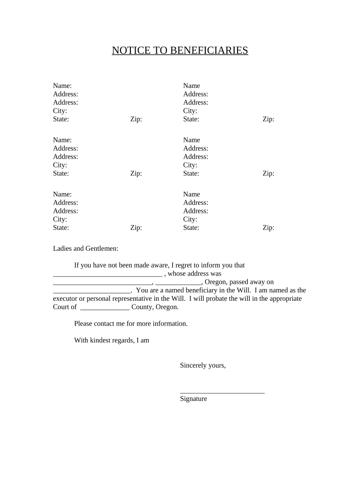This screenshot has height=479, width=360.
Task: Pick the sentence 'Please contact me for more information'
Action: [x=131, y=324]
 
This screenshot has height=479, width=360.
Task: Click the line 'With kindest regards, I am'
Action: [x=112, y=341]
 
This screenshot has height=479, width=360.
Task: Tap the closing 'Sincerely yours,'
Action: [x=203, y=365]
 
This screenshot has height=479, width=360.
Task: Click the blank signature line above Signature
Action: [x=222, y=392]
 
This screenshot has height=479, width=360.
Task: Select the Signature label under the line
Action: [x=193, y=399]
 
